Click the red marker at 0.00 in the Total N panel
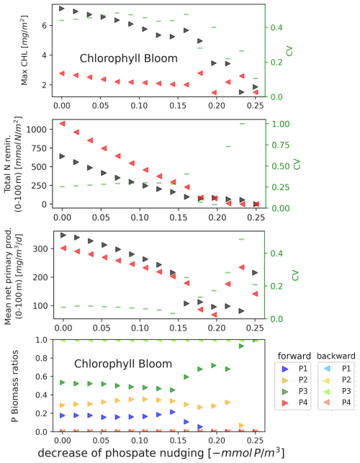tap(63, 124)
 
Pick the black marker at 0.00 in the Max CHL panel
tap(63, 9)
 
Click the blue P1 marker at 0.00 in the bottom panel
tap(63, 415)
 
